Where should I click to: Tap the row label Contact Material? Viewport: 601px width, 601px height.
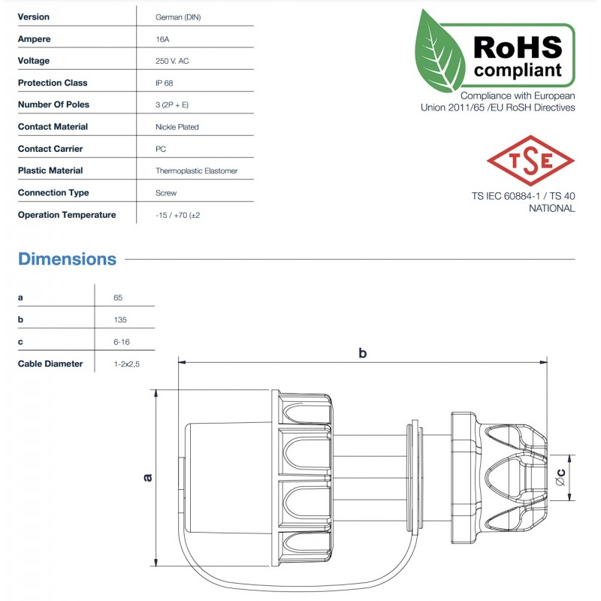[53, 127]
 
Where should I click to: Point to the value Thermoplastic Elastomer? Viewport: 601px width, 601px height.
[196, 171]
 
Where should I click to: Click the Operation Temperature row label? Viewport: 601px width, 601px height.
[67, 215]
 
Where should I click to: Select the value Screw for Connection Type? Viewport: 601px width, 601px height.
[165, 193]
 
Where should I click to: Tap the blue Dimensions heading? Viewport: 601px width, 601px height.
[67, 259]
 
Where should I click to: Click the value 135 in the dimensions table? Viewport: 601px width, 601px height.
[120, 320]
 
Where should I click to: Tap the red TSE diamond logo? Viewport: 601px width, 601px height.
[530, 161]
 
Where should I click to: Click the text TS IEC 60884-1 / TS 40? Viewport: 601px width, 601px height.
[523, 196]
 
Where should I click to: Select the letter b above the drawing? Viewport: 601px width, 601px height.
[363, 353]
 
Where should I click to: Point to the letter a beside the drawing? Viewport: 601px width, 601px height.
[148, 476]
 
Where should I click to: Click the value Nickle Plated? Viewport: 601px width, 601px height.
[177, 127]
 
